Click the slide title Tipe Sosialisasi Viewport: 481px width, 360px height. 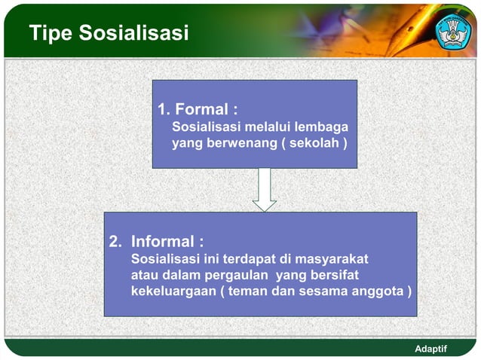tap(109, 33)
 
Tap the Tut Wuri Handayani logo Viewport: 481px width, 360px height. tap(453, 30)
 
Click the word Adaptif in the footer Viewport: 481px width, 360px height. tap(431, 349)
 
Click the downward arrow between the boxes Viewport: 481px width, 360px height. tap(264, 190)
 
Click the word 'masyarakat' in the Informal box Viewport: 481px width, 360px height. tap(332, 259)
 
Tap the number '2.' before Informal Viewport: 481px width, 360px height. tap(115, 242)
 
